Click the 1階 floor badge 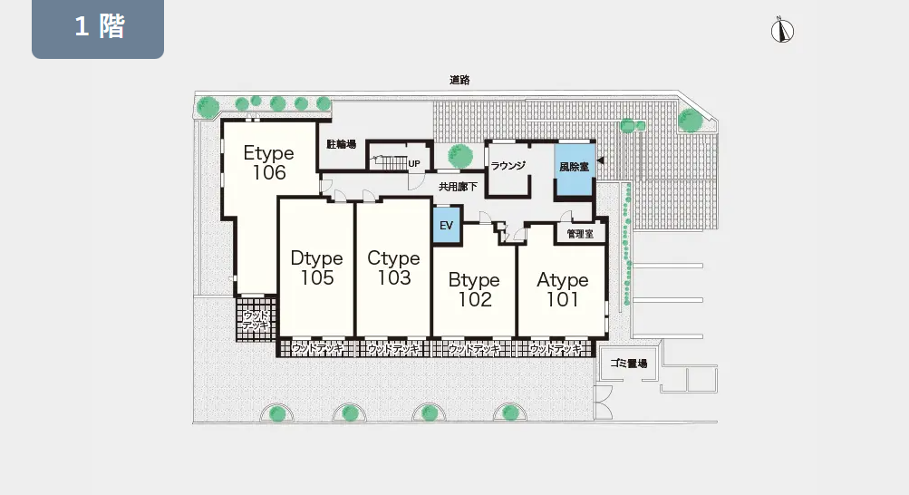tap(97, 28)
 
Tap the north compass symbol tap(782, 30)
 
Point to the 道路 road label tap(459, 80)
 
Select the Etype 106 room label tap(269, 162)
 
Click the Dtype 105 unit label tap(316, 267)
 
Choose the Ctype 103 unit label tap(393, 267)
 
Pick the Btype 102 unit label tap(474, 289)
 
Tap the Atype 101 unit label tap(562, 289)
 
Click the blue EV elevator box tap(447, 225)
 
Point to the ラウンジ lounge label tap(508, 166)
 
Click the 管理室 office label tap(580, 234)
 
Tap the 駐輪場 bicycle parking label tap(342, 144)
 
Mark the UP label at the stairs tap(414, 163)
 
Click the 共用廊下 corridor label tap(458, 187)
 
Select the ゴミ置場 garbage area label tap(628, 364)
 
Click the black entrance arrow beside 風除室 tap(601, 160)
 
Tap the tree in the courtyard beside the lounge tap(459, 155)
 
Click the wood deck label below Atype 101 tap(555, 349)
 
